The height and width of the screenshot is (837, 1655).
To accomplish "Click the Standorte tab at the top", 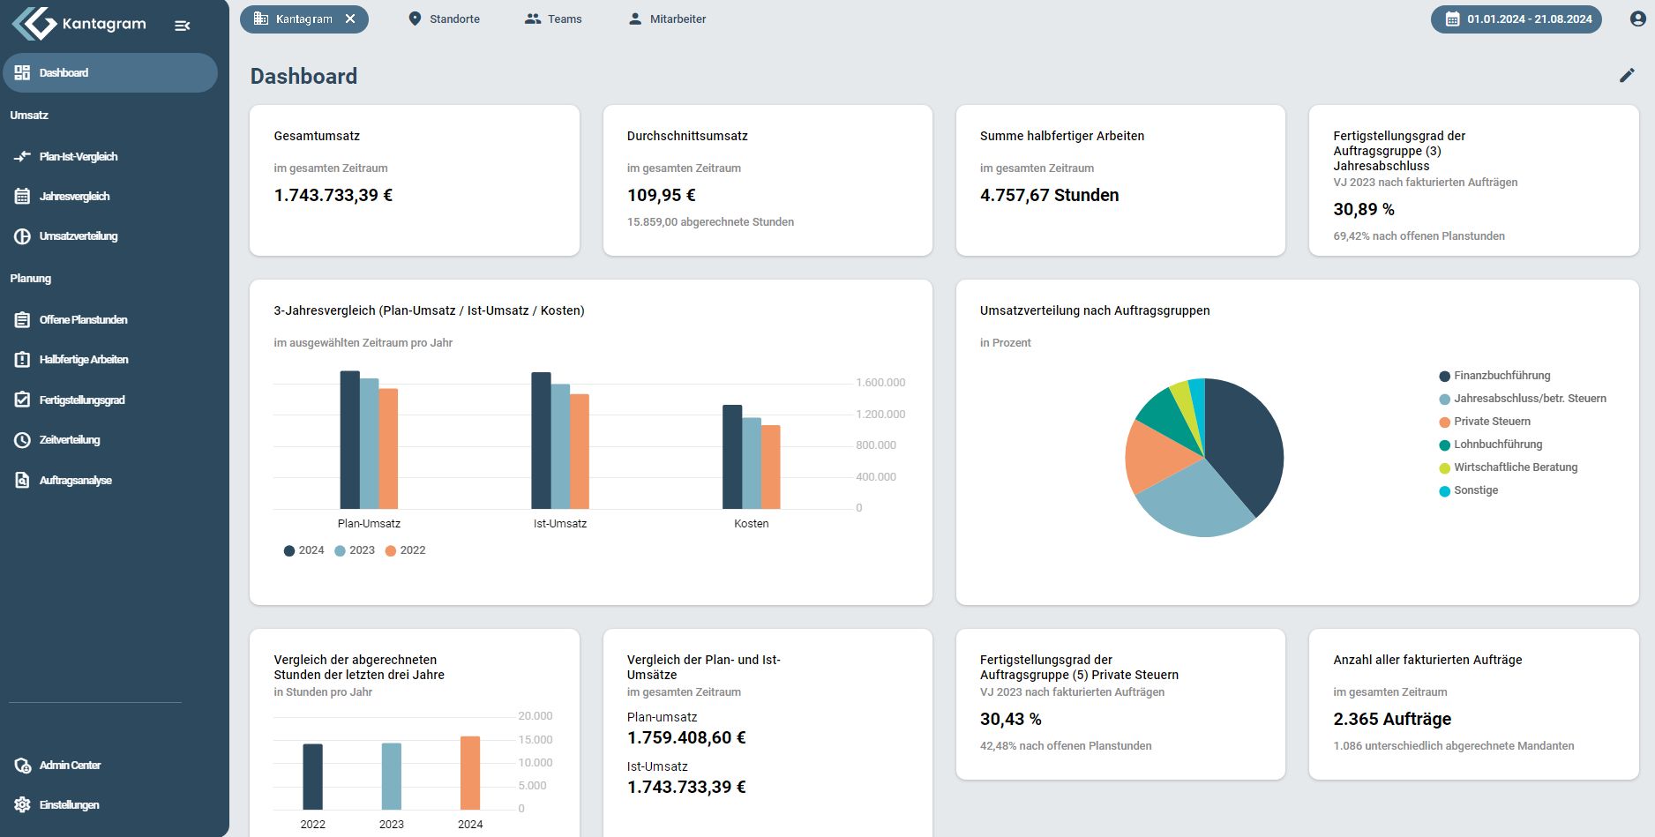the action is click(x=444, y=19).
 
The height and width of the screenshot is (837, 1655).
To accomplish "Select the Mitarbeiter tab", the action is click(x=667, y=19).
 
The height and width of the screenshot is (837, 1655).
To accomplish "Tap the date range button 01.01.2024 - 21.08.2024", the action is click(x=1516, y=19).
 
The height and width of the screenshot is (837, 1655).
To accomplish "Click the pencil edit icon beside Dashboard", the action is click(x=1627, y=76).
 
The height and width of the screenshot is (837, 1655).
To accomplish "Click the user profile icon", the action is click(x=1637, y=19).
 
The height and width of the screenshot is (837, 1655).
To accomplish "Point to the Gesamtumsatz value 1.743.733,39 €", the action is click(x=333, y=195).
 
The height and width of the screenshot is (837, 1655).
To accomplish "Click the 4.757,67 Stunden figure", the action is click(x=1049, y=195).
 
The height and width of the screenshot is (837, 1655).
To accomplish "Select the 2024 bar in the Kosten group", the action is click(x=732, y=457).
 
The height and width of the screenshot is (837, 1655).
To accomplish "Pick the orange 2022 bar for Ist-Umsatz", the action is click(x=580, y=452).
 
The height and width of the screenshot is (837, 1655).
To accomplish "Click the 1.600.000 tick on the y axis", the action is click(x=880, y=383).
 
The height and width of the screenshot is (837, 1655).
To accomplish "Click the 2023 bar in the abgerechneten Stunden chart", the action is click(x=392, y=776).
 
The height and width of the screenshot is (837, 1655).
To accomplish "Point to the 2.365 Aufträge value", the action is click(x=1392, y=719).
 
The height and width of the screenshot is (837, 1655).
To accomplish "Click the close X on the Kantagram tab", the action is click(x=350, y=19).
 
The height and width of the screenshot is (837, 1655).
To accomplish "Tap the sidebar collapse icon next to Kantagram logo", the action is click(x=183, y=26).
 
